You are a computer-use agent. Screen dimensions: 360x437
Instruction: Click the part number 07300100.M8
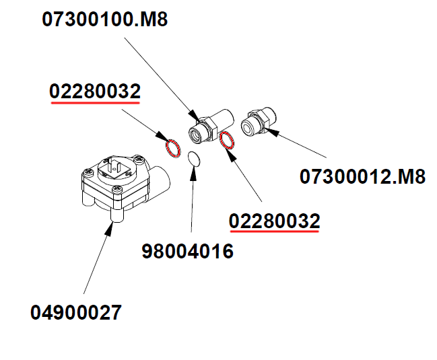pos(104,20)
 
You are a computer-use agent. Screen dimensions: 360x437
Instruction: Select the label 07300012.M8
pos(362,177)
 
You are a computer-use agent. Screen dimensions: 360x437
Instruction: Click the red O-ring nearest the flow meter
pos(173,147)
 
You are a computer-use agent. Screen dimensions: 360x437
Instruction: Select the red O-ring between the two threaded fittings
pos(228,140)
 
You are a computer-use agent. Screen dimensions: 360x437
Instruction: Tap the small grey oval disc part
pos(194,159)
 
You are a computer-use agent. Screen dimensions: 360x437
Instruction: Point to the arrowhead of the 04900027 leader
pos(112,227)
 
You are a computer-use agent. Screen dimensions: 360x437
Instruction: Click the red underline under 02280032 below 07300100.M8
pos(95,104)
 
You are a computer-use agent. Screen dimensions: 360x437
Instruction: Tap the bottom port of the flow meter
pos(115,217)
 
